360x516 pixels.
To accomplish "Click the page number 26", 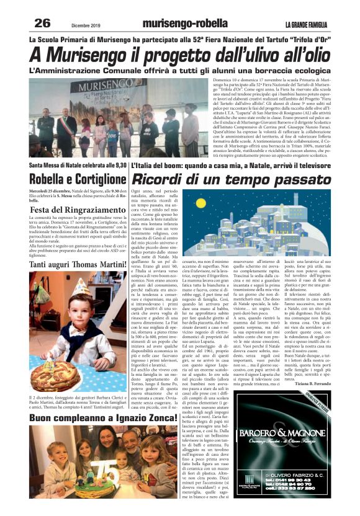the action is (x=42, y=24).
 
